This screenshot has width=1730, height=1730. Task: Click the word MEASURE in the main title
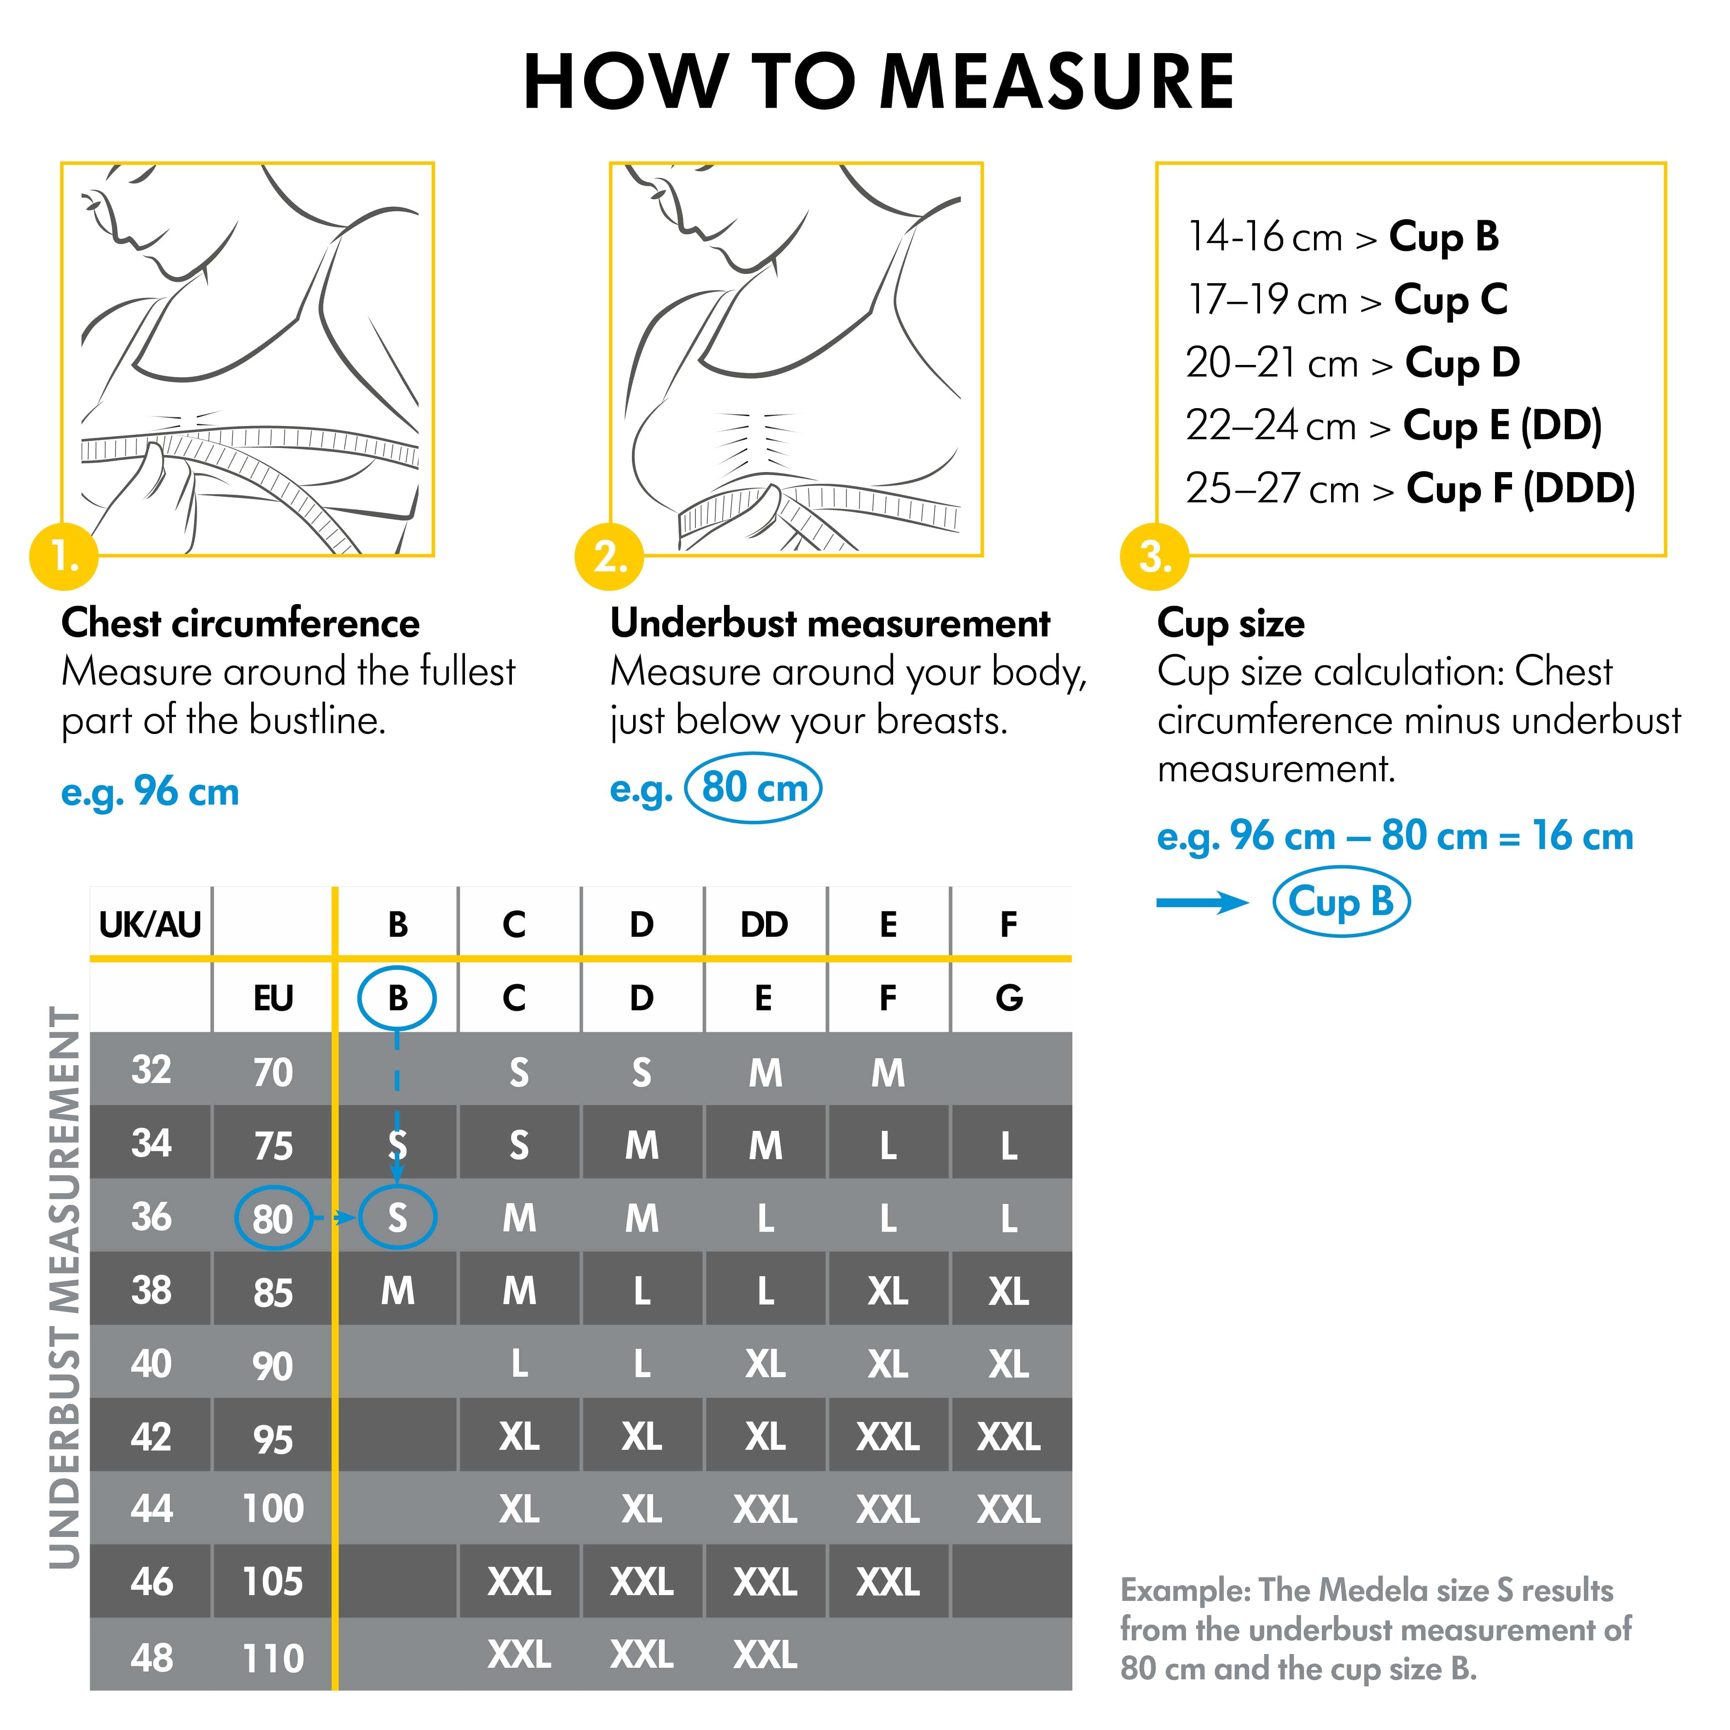pyautogui.click(x=1057, y=82)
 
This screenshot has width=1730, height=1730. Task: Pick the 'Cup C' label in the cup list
pyautogui.click(x=1451, y=299)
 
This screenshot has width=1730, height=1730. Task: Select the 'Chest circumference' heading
pyautogui.click(x=240, y=623)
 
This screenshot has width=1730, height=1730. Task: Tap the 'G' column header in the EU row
pyautogui.click(x=1009, y=998)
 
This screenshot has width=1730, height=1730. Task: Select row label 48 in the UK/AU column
pyautogui.click(x=152, y=1657)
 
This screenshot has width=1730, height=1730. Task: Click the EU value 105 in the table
pyautogui.click(x=273, y=1582)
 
